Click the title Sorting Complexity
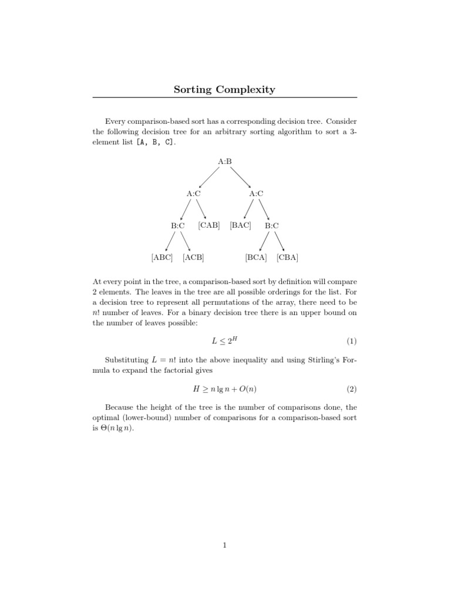224,90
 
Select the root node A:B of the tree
225,161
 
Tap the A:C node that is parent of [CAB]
194,193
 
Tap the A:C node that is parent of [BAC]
256,193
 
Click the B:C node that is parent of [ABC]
178,225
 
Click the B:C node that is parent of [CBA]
272,225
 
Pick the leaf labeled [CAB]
209,225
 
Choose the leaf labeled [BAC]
241,225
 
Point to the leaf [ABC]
162,257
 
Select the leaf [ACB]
193,257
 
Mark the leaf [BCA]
256,257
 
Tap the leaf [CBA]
288,257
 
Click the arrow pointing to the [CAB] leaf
201,209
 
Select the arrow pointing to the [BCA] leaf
264,241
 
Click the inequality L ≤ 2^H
224,341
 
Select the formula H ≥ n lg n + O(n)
224,389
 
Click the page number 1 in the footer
225,546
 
